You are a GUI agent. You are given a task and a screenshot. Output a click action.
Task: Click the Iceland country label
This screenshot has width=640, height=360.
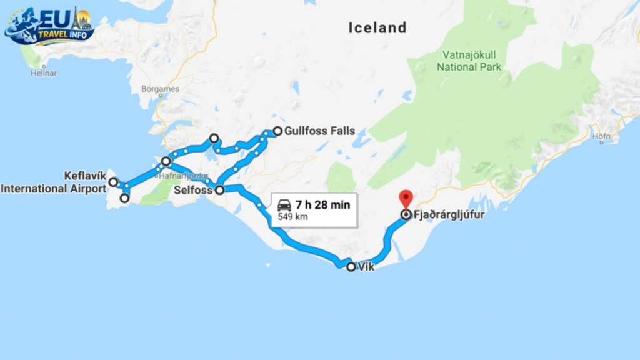(x=377, y=27)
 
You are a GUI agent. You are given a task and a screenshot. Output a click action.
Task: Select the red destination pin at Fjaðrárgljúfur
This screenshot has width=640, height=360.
(x=406, y=199)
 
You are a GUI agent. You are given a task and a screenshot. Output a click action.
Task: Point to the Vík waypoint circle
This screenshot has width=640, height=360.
(x=351, y=267)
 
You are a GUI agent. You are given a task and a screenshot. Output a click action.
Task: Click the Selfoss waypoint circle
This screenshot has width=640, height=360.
(x=219, y=191)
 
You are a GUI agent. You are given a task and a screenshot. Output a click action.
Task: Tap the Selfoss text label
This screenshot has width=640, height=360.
(x=194, y=190)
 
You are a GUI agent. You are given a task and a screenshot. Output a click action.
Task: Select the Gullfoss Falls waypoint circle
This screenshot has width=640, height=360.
(x=277, y=132)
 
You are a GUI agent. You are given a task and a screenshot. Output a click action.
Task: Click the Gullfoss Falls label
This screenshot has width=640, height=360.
(x=319, y=131)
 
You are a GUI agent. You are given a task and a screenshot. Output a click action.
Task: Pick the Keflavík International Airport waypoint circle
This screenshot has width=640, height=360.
(x=113, y=182)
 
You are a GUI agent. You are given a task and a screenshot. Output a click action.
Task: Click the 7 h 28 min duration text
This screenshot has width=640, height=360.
(x=323, y=204)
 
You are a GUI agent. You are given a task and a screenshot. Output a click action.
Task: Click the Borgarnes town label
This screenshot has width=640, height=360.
(x=160, y=89)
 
